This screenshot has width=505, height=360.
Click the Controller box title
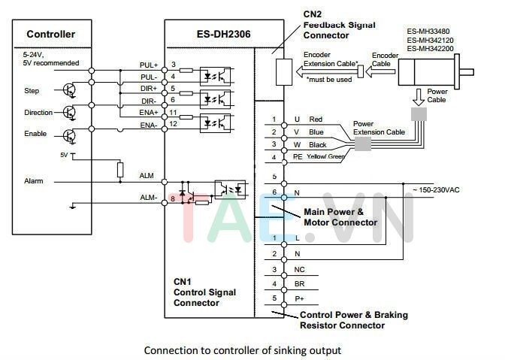50,35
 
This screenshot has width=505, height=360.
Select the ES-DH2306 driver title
210,35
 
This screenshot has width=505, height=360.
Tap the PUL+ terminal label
149,65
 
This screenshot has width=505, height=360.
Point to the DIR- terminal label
149,101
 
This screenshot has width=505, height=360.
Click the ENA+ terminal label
148,113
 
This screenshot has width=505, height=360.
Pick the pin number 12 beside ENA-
174,124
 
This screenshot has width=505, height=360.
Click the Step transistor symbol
70,89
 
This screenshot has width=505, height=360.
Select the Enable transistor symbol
70,135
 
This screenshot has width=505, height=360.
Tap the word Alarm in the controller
34,181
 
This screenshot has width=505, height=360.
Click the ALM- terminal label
147,198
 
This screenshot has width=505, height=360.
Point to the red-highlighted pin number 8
173,198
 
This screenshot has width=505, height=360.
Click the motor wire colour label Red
316,119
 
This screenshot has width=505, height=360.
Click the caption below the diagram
242,350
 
